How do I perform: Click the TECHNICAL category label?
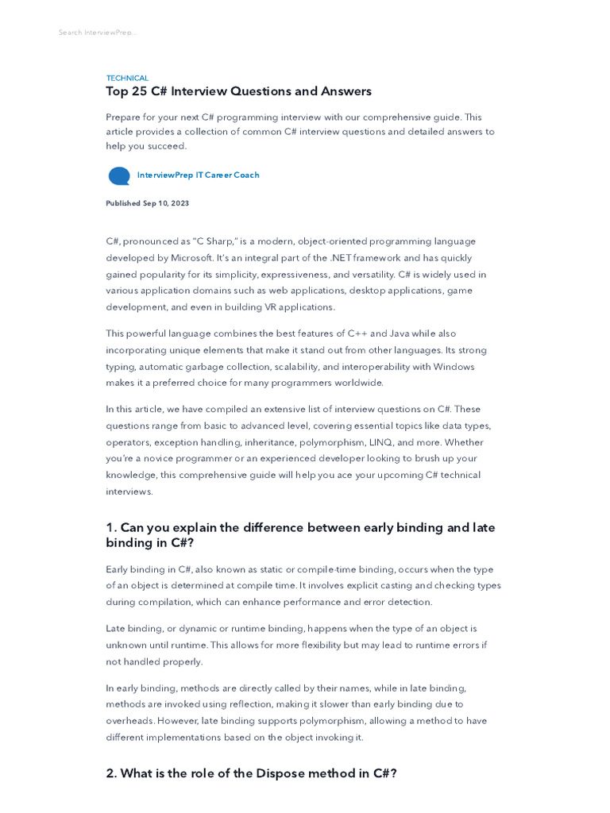click(127, 78)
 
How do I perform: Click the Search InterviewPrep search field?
click(97, 33)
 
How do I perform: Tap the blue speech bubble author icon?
click(119, 175)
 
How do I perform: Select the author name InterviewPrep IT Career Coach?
click(198, 175)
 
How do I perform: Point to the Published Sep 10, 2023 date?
click(148, 203)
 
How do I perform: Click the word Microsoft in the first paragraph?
click(191, 258)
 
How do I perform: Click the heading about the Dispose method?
click(251, 773)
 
